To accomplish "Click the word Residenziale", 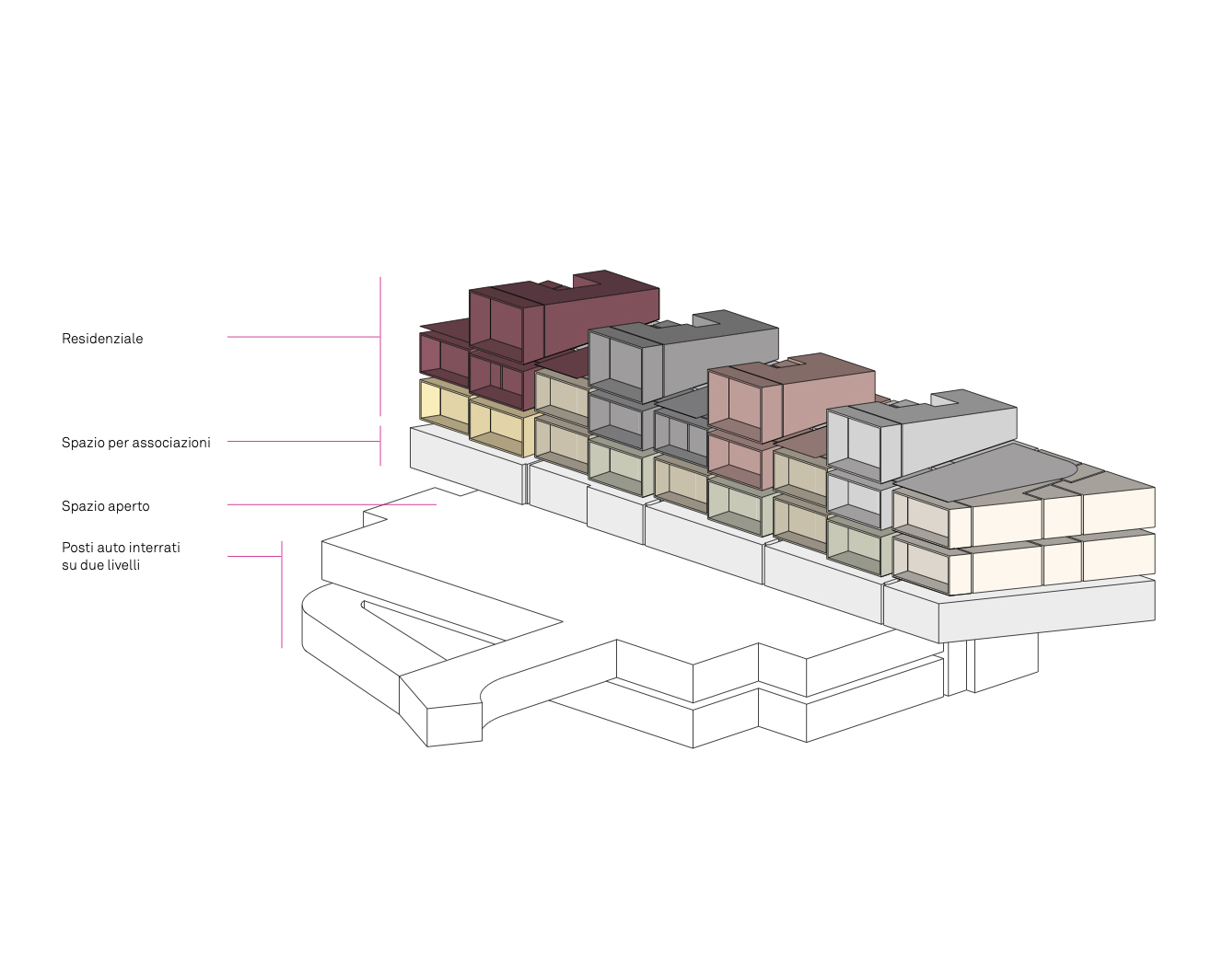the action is click(102, 339).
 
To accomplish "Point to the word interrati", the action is click(155, 548).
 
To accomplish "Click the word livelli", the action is click(123, 565).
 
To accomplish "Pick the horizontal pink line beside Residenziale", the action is click(304, 337).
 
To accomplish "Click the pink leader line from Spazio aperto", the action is click(332, 505).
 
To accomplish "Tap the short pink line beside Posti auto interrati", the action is click(254, 556).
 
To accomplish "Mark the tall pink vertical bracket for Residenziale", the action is click(380, 346).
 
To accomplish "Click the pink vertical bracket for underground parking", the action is click(282, 595).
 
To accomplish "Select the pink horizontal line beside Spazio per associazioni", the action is click(304, 441).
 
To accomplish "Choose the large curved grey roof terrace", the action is click(985, 472).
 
